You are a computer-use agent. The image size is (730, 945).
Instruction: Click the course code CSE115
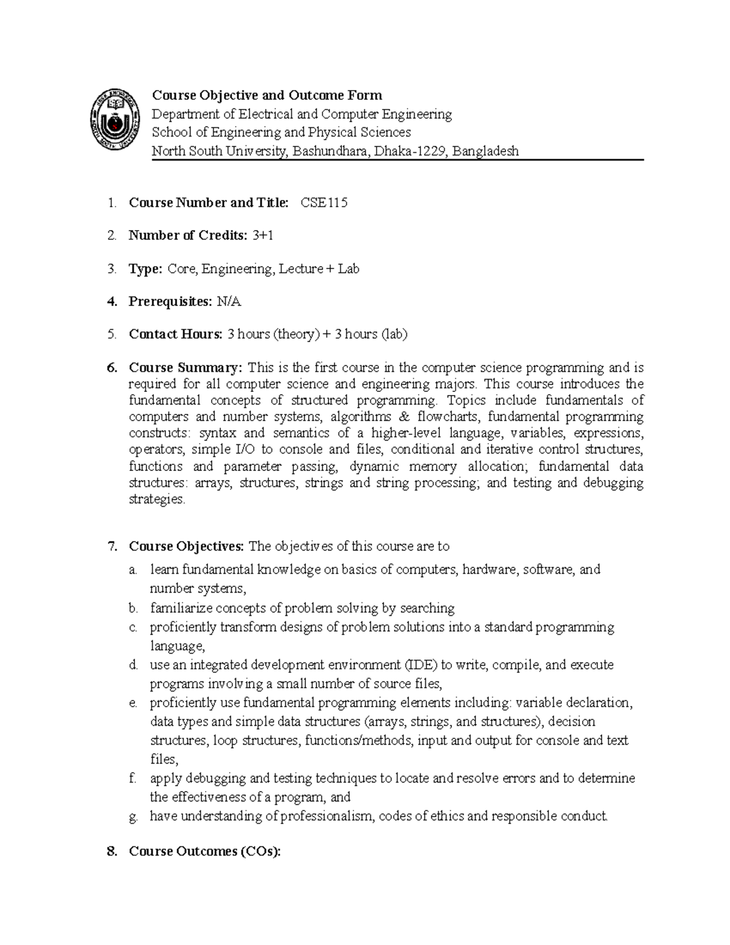click(324, 203)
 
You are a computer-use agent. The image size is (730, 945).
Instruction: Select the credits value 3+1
click(262, 235)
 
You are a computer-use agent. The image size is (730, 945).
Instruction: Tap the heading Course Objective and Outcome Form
click(266, 95)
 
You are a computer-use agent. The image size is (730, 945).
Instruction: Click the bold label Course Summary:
click(186, 368)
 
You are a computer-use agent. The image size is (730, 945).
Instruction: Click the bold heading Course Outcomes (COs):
click(205, 851)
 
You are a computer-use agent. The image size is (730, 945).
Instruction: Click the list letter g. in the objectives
click(133, 817)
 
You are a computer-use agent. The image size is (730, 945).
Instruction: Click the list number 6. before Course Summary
click(111, 368)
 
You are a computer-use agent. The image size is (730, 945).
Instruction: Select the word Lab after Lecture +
click(349, 268)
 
